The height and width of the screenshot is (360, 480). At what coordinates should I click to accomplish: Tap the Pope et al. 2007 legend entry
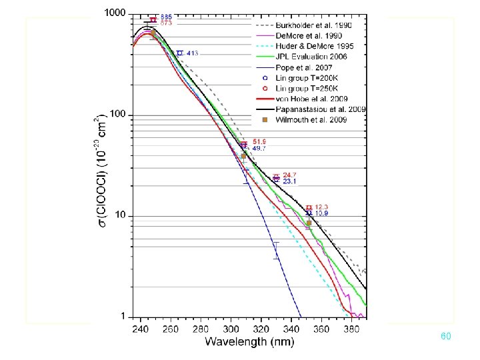pos(303,67)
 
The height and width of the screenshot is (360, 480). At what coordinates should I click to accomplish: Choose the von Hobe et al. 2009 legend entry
pos(309,99)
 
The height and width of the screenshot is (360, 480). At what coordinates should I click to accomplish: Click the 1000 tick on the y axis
pos(116,13)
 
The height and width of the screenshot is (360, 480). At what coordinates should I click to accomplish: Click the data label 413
pos(192,53)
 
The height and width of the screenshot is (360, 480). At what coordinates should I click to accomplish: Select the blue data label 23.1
pos(290,181)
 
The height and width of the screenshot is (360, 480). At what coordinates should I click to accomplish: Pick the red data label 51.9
pos(259,142)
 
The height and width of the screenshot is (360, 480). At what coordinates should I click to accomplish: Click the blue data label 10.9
pos(321,213)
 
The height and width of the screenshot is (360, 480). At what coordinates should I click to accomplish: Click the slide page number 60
pos(446,337)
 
